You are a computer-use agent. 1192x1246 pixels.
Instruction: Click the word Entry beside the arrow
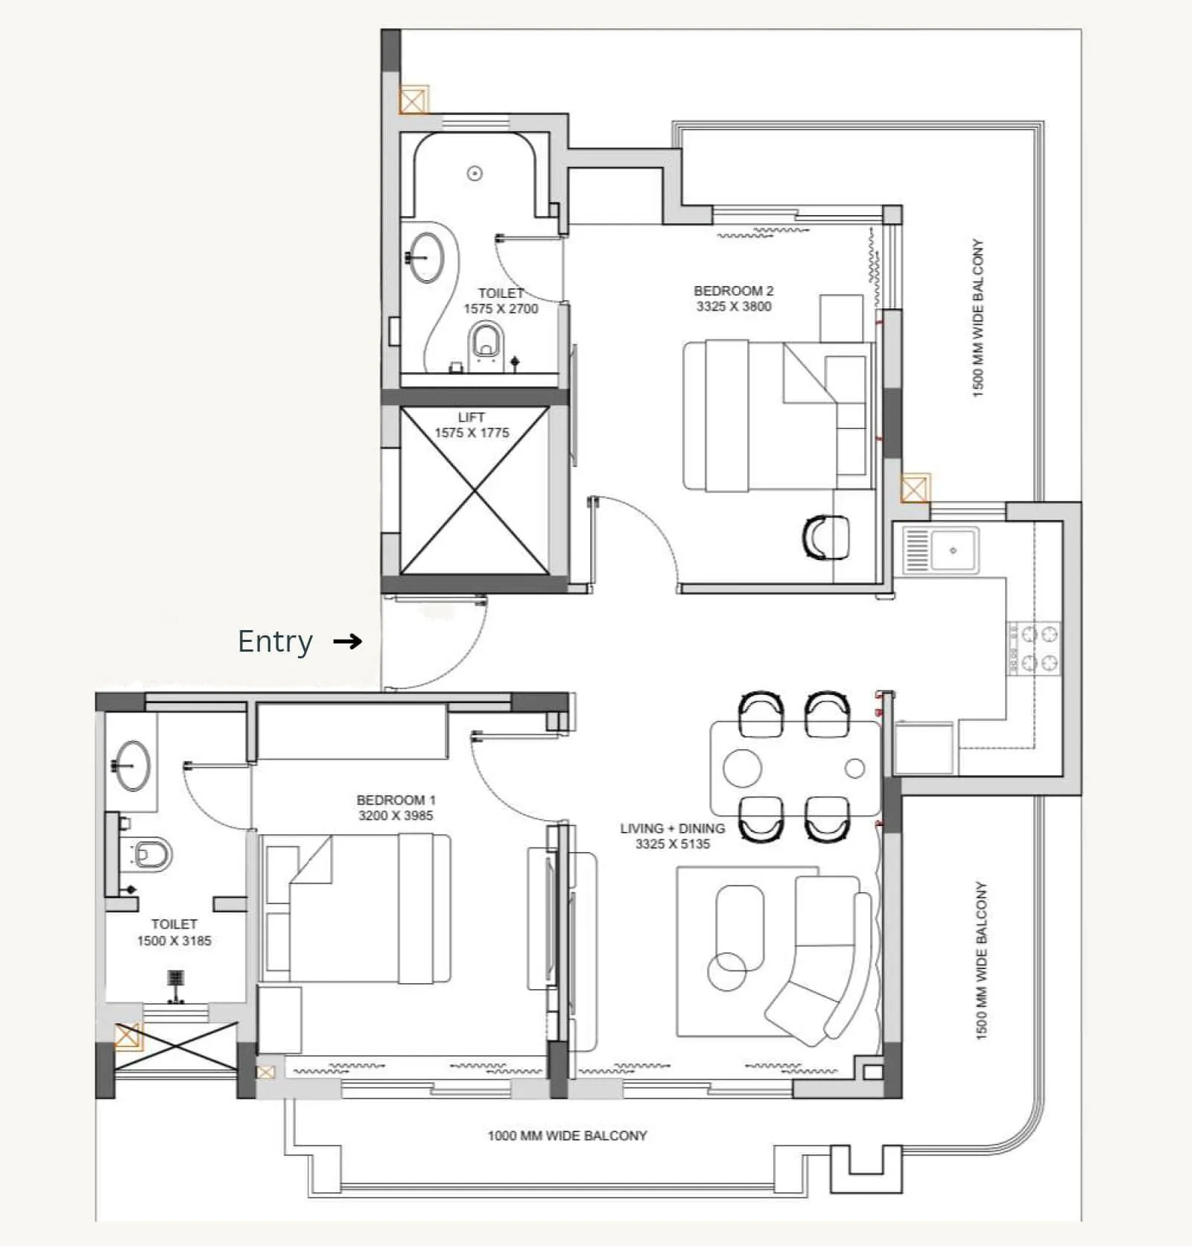tap(275, 641)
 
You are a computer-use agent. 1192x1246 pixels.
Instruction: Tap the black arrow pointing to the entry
tap(347, 641)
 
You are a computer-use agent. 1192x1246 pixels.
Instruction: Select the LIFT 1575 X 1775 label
tap(472, 425)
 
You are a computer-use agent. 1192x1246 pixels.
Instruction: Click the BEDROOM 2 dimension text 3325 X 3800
tap(734, 306)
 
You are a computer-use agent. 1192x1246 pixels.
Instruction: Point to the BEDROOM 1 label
tap(396, 800)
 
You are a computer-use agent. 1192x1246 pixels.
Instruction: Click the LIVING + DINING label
tap(672, 828)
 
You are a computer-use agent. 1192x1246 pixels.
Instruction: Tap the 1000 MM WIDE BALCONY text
tap(567, 1136)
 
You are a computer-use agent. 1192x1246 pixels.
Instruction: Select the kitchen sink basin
tap(953, 550)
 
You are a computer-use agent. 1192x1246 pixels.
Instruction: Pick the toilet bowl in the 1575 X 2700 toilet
tap(486, 343)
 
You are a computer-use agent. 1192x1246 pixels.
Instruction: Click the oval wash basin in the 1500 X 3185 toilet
tap(133, 765)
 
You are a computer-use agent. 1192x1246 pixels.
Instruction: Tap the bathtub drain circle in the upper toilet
tap(475, 174)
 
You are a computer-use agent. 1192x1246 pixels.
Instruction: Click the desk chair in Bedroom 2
tap(825, 537)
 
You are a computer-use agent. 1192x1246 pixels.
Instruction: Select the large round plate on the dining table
tap(743, 767)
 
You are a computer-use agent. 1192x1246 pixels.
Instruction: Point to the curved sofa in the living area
tap(827, 961)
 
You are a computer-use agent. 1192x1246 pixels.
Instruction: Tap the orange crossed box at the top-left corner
tap(413, 100)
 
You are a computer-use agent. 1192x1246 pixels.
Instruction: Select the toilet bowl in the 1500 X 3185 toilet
tap(153, 854)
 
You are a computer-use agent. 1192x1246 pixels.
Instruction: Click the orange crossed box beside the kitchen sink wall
tap(915, 489)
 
